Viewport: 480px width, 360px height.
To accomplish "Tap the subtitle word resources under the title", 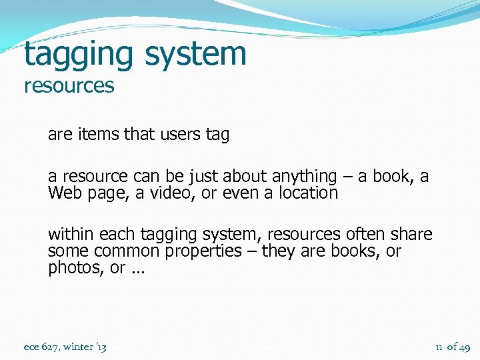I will tap(69, 86).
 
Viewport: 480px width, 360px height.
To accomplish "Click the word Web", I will tap(63, 193).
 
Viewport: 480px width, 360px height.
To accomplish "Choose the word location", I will tap(307, 193).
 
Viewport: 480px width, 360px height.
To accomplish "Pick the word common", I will tap(124, 251).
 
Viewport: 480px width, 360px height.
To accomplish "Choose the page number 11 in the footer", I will tap(439, 347).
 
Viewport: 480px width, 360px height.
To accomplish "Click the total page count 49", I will tap(465, 347).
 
